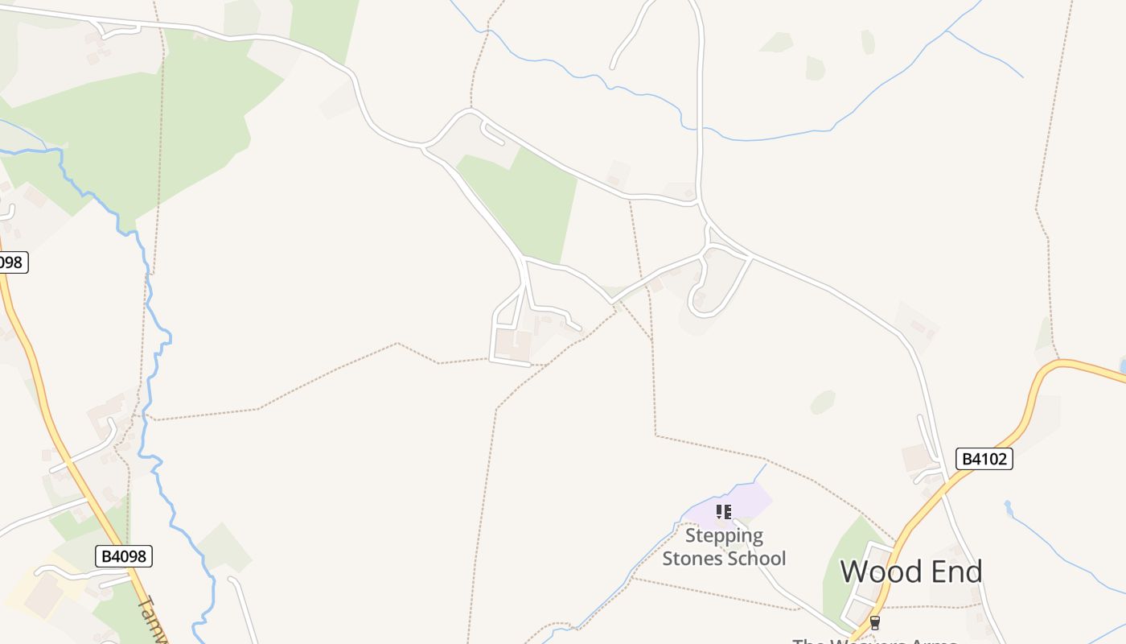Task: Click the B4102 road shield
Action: (984, 459)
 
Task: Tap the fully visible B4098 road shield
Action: (123, 555)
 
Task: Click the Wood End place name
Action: (911, 572)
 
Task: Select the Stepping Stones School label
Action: (724, 547)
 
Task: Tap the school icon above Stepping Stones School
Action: (724, 511)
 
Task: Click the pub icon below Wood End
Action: (875, 622)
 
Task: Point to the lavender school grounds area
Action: (744, 499)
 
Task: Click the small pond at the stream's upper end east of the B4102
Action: (1007, 507)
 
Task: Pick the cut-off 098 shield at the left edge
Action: (12, 262)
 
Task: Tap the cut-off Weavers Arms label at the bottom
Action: (875, 641)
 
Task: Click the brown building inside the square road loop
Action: (512, 345)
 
